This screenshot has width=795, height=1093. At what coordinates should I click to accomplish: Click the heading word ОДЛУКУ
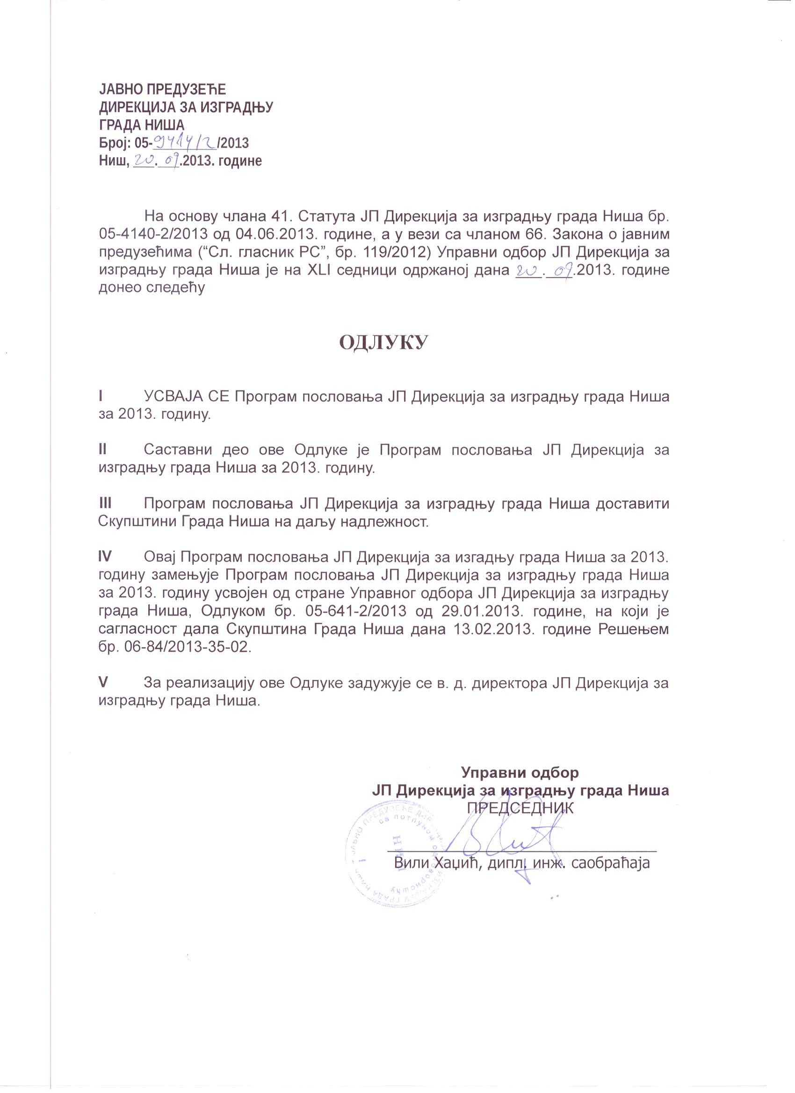383,343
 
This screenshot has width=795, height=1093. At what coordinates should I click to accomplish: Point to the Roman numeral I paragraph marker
100,396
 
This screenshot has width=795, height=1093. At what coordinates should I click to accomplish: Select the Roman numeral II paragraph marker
102,450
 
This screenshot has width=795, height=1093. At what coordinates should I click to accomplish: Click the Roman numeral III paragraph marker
105,503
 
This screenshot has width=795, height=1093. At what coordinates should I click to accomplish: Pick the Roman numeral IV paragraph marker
105,557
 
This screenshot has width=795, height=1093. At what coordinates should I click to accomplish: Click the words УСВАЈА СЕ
188,396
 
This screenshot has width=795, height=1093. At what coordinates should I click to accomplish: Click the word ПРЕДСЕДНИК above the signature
520,808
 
